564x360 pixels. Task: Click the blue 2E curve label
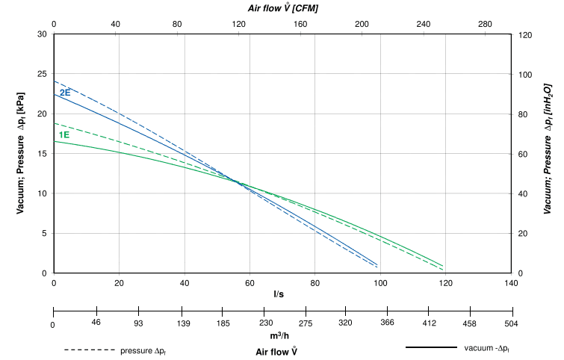point(65,93)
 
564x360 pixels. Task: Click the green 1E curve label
point(64,134)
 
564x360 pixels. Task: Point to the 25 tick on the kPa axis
point(42,74)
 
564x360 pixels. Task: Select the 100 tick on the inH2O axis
point(525,74)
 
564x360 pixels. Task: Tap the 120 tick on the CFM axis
point(239,24)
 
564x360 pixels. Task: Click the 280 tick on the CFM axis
point(485,24)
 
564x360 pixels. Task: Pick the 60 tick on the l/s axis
point(250,284)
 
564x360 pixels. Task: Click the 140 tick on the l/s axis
point(511,284)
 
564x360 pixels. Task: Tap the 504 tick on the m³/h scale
point(511,323)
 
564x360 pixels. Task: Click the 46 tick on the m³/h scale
point(96,323)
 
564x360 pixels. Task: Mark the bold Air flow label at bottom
point(277,350)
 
